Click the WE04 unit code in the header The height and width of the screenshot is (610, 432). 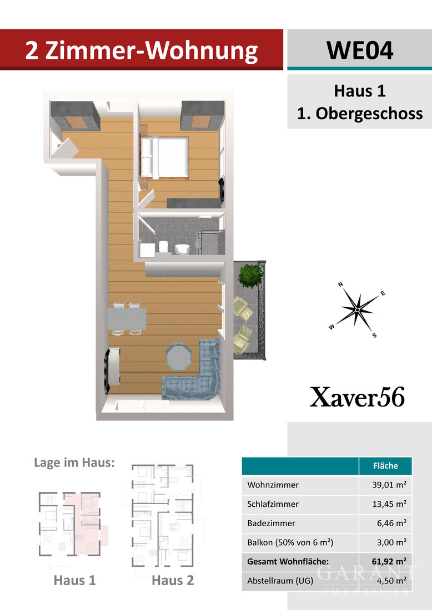(x=359, y=50)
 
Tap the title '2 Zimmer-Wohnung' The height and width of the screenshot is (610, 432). (x=142, y=50)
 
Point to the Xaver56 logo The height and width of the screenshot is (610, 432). (x=357, y=398)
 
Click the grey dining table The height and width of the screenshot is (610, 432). (x=127, y=319)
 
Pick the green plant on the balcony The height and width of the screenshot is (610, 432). (x=249, y=275)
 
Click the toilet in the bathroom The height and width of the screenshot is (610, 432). (x=181, y=249)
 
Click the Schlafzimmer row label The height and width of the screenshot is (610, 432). (x=273, y=504)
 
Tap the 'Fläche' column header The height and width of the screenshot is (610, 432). (x=386, y=466)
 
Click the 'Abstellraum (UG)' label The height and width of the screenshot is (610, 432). (x=281, y=581)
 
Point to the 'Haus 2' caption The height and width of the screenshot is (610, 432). (x=173, y=581)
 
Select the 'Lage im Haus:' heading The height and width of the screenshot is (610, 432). (x=74, y=462)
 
